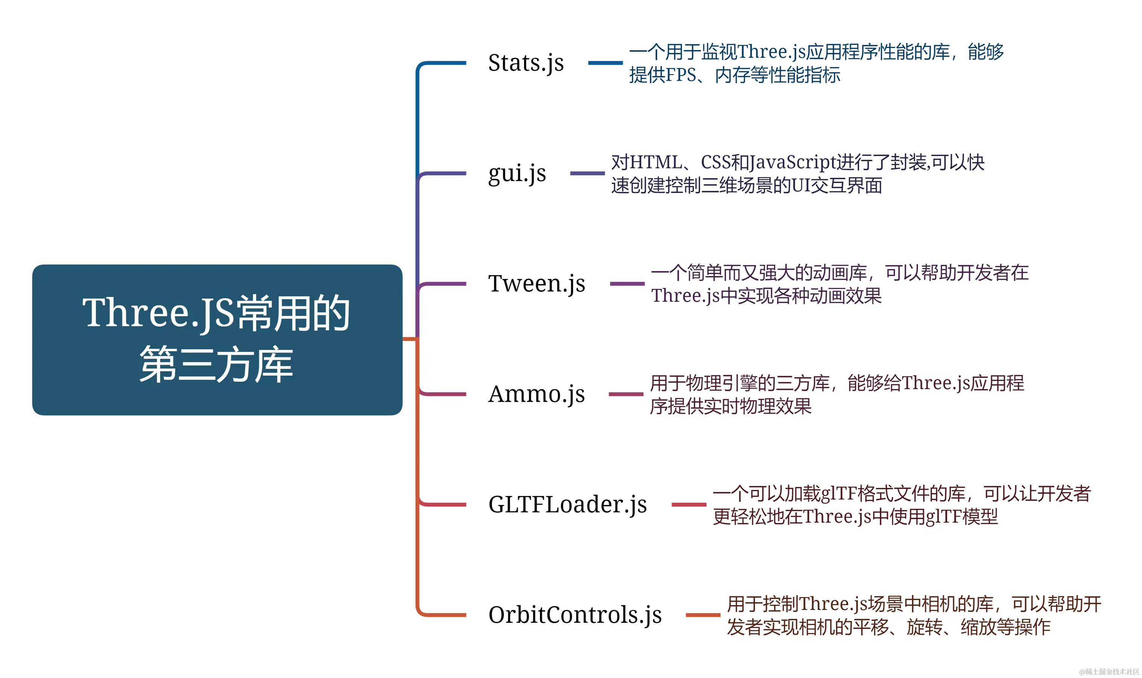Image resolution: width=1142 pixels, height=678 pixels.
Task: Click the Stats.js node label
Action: pos(526,63)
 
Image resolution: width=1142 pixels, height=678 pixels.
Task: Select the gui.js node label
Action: pos(517,174)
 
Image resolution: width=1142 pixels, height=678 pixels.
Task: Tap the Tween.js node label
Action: pos(537,284)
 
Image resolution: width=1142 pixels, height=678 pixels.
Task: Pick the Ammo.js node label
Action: pos(536,394)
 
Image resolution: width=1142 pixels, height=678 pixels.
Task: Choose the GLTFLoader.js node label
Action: pos(567,505)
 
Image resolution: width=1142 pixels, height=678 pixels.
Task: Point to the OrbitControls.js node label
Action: pos(575,615)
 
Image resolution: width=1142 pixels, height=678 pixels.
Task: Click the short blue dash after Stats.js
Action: pos(605,63)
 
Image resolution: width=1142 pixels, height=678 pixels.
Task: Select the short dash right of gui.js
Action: pos(587,174)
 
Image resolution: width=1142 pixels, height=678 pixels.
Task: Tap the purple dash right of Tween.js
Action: pos(627,284)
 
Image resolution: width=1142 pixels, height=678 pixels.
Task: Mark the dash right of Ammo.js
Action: pos(626,394)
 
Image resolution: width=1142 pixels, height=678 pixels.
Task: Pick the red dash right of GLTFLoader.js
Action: pos(689,505)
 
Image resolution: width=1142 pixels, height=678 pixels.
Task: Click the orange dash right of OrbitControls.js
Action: pos(703,615)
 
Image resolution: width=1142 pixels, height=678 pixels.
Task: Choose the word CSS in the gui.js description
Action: pos(715,163)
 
